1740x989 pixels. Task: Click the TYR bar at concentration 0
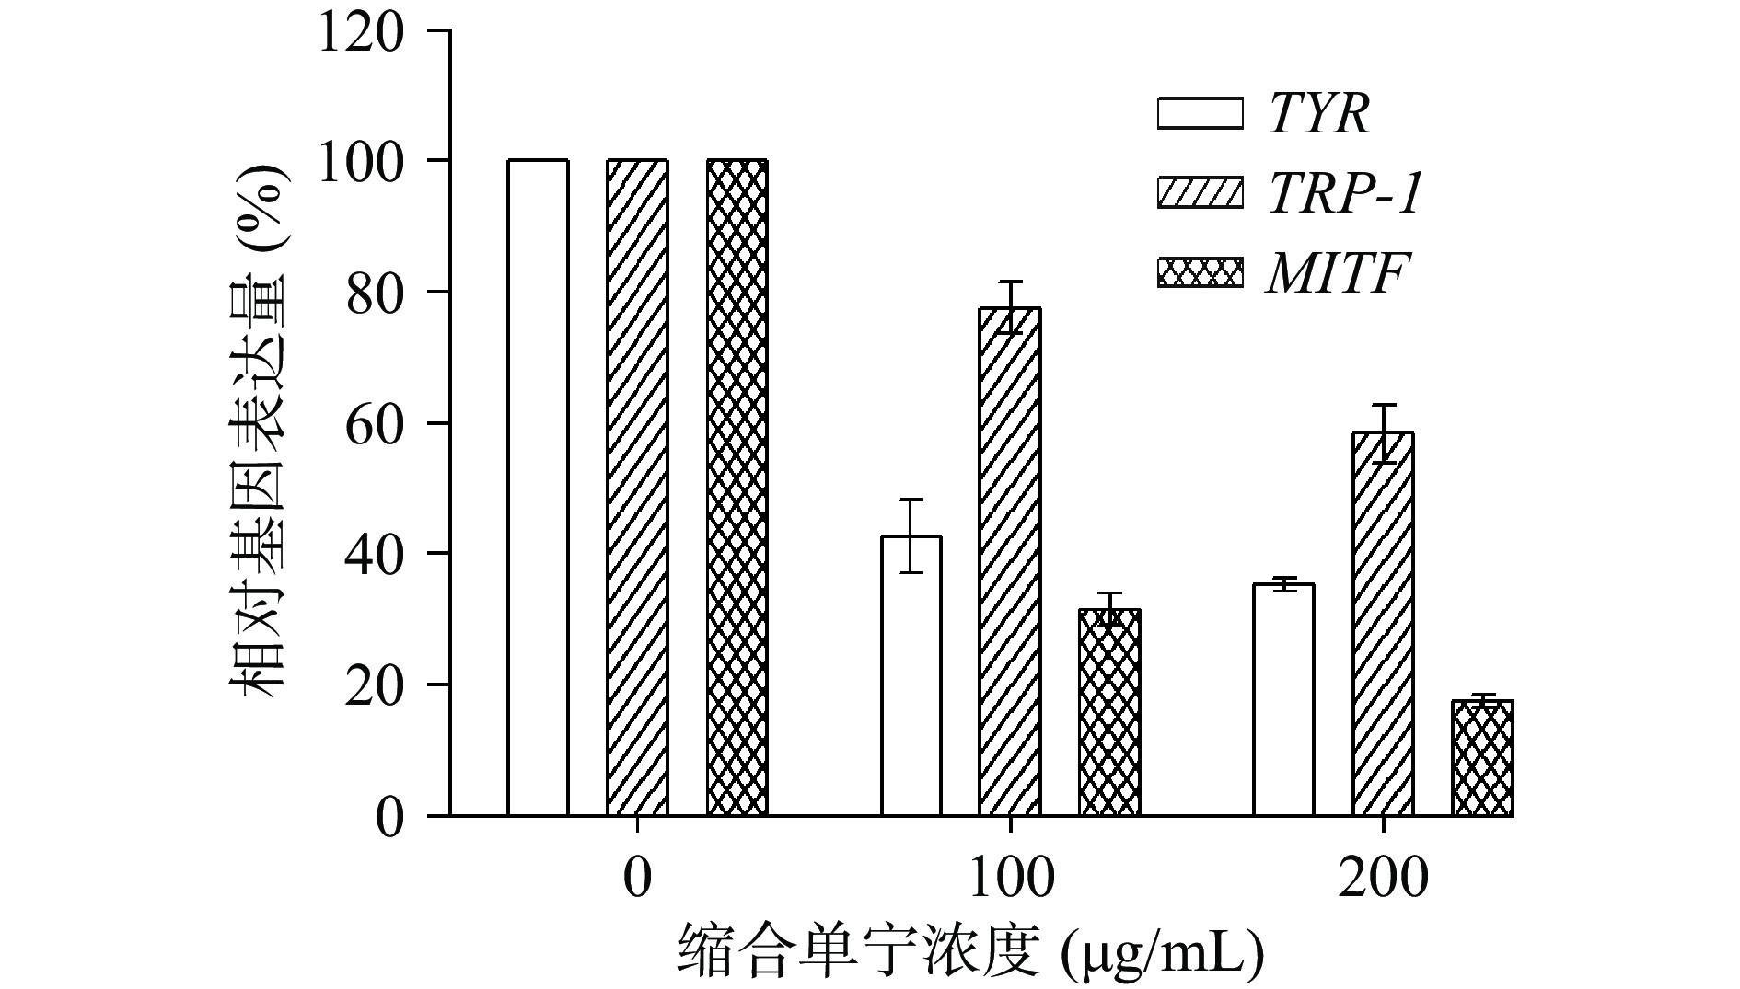point(538,488)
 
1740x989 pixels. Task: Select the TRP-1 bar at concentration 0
point(637,488)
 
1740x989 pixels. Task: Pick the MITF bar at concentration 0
point(737,488)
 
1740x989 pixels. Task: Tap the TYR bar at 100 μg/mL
point(911,676)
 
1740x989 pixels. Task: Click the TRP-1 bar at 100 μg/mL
point(1010,562)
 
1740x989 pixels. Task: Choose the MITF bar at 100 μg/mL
point(1109,713)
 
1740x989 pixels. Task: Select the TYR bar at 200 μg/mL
point(1283,700)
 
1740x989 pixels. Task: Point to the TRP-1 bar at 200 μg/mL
point(1383,625)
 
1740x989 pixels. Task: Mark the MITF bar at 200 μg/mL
point(1482,759)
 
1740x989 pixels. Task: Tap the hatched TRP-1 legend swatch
point(1200,193)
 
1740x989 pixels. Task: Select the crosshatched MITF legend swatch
point(1200,273)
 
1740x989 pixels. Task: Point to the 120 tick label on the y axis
point(360,33)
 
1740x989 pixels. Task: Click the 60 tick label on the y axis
point(376,424)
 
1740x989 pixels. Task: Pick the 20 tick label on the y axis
point(376,685)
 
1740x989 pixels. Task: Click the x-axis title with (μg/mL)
point(970,952)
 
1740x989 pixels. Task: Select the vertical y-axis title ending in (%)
point(259,432)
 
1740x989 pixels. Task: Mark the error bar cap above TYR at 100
point(911,500)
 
